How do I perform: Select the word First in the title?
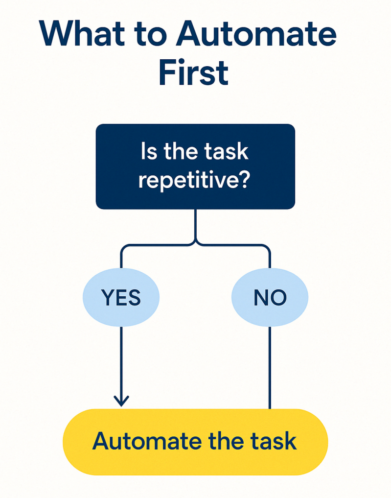coord(194,73)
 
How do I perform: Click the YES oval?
coord(121,298)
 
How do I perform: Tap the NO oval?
coord(270,298)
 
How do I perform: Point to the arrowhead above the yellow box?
coord(121,401)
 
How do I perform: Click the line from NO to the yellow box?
coord(270,367)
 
